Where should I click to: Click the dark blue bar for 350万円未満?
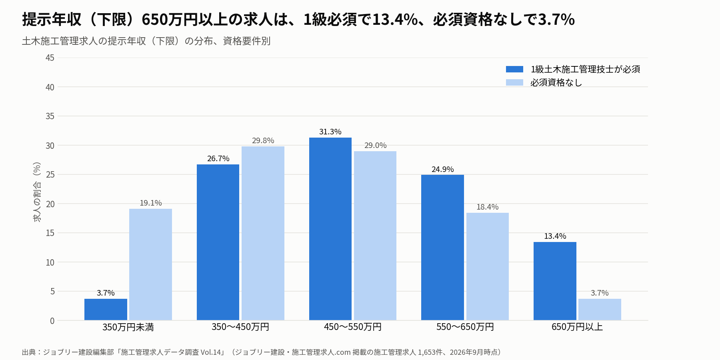[x=106, y=310]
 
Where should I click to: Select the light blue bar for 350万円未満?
[x=150, y=264]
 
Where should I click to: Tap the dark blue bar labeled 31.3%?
[x=330, y=229]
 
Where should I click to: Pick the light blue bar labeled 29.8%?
[x=263, y=233]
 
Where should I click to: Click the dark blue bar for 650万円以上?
[x=555, y=281]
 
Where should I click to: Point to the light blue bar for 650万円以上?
[x=600, y=310]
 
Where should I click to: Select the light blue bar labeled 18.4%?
[x=488, y=266]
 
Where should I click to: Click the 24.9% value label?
[x=442, y=169]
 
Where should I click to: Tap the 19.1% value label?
[x=150, y=203]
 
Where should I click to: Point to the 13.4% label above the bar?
[x=555, y=236]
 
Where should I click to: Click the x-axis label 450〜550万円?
[x=353, y=327]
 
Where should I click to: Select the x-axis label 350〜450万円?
[x=240, y=327]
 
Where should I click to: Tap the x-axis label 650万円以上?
[x=577, y=327]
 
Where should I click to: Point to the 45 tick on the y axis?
[x=50, y=58]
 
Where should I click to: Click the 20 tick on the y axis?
[x=50, y=204]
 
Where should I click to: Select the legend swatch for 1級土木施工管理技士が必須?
[x=514, y=69]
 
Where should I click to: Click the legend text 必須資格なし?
[x=556, y=82]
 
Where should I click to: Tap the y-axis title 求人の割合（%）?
[x=37, y=192]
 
